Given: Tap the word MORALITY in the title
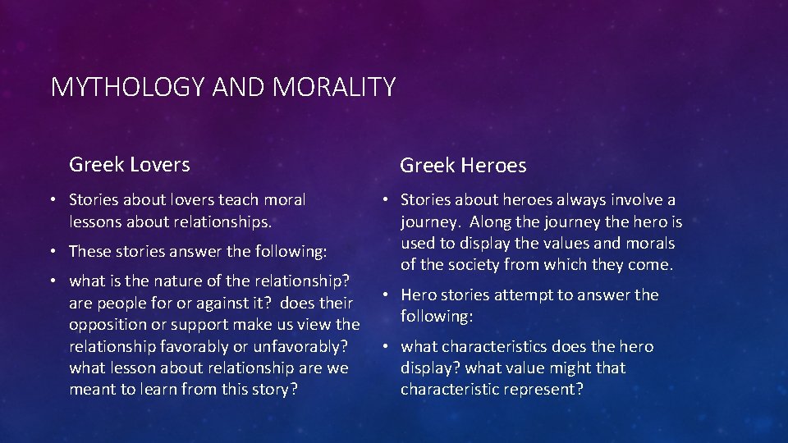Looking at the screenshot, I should pyautogui.click(x=336, y=87).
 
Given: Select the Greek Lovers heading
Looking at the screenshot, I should pyautogui.click(x=129, y=164).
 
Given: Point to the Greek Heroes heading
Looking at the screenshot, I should pyautogui.click(x=463, y=166).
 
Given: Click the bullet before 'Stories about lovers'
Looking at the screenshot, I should pyautogui.click(x=52, y=200).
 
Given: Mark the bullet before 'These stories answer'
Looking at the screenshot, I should pyautogui.click(x=52, y=252).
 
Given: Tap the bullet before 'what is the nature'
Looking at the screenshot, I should pyautogui.click(x=52, y=281).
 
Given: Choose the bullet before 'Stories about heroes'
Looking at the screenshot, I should pyautogui.click(x=383, y=200).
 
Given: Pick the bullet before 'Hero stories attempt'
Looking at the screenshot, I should pyautogui.click(x=383, y=295).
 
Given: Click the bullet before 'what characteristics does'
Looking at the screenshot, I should pyautogui.click(x=383, y=347).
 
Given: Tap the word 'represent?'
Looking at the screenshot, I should pyautogui.click(x=543, y=389).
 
